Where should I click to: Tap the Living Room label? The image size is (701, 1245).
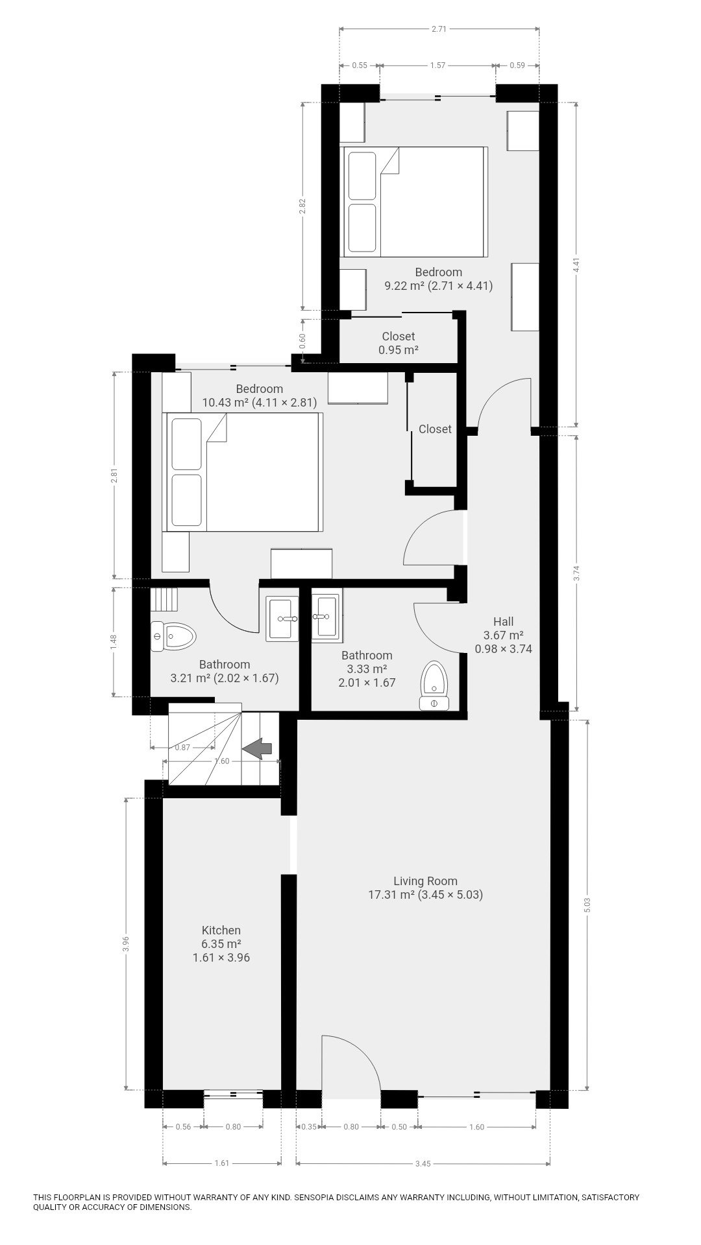pos(425,881)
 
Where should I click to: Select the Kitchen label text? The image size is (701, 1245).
pos(221,931)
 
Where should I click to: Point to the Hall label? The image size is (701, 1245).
pos(503,622)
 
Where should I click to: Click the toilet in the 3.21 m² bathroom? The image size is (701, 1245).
pos(173,636)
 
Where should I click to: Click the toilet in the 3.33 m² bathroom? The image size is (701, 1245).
pos(435,685)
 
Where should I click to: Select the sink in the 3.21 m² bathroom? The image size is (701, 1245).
pos(282,620)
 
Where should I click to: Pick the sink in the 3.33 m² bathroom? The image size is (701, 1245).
pos(327,616)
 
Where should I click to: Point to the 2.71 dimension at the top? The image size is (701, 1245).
pos(439,29)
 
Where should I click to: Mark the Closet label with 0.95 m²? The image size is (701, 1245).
pos(398,343)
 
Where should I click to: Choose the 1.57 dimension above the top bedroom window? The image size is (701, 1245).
pos(438,65)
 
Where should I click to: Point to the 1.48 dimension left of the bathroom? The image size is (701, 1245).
pos(114,642)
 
